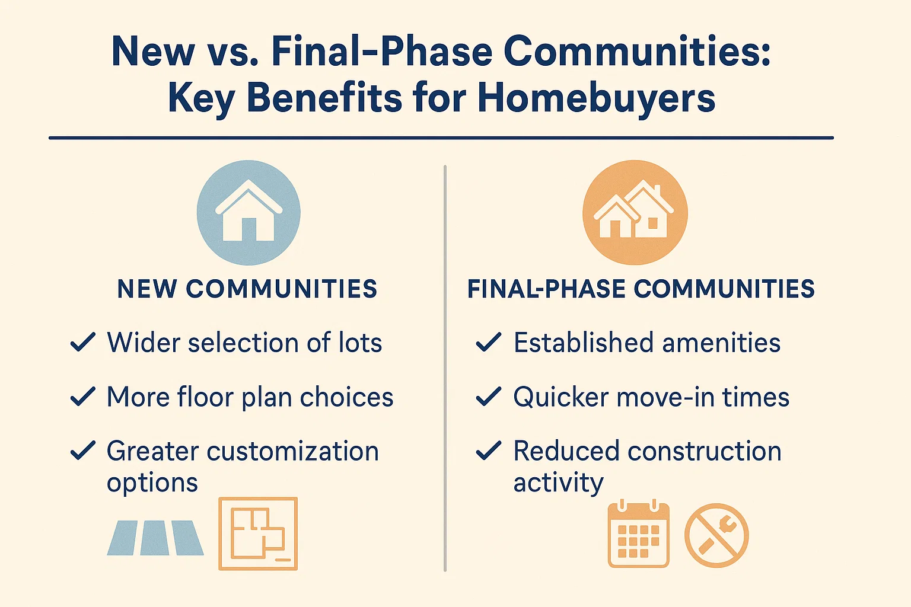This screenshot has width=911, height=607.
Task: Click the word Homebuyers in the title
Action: (x=596, y=98)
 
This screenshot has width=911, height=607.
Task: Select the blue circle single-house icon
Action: (x=249, y=212)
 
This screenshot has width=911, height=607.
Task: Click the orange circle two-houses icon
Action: (x=635, y=212)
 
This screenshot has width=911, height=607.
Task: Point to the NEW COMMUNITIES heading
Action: (x=247, y=289)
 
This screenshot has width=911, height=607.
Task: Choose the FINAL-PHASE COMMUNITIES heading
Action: (x=641, y=289)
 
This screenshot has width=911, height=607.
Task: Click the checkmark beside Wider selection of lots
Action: (x=83, y=343)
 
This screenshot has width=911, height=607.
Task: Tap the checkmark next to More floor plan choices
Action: (x=83, y=397)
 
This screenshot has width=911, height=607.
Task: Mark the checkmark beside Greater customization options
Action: (x=83, y=451)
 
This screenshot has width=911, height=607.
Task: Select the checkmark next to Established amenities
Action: (x=489, y=343)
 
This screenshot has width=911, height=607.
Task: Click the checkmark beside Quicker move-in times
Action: (x=489, y=397)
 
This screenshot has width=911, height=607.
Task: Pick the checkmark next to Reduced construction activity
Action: (x=489, y=451)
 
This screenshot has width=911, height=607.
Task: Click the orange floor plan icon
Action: (x=258, y=533)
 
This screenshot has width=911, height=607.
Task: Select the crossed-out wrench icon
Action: (x=716, y=535)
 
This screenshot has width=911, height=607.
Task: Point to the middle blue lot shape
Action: (x=155, y=538)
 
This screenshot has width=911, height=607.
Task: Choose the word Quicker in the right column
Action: (x=561, y=397)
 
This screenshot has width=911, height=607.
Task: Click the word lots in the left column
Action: (x=360, y=343)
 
